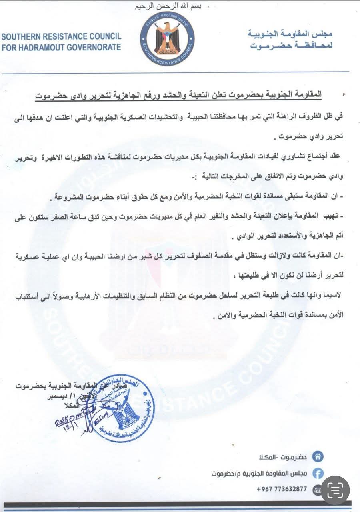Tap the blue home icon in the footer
click(x=318, y=456)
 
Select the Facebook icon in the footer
click(x=318, y=473)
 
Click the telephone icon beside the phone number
click(x=318, y=489)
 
